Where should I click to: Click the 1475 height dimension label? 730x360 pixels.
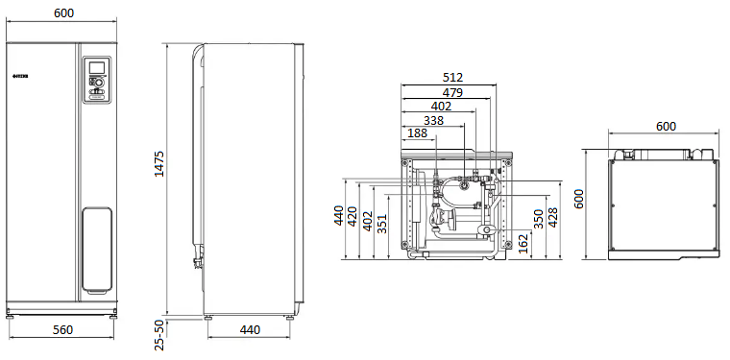tap(159, 163)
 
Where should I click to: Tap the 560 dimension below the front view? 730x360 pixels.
tap(62, 330)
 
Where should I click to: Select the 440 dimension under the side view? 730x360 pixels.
tap(250, 330)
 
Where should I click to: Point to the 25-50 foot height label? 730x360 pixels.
tap(159, 335)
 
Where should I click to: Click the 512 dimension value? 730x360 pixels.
tap(452, 78)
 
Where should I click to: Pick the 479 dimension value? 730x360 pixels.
tap(452, 92)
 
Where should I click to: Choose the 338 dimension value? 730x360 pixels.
tap(433, 120)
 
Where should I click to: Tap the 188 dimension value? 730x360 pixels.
tap(417, 133)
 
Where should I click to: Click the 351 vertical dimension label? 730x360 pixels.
tap(381, 223)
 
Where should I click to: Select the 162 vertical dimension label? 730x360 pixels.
tap(523, 243)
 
